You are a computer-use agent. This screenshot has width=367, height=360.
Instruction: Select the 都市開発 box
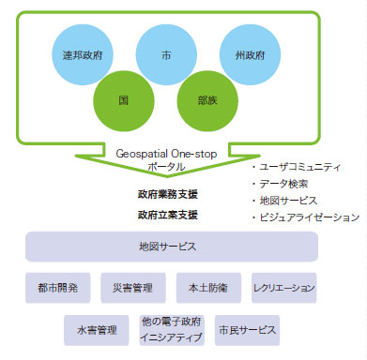[x=57, y=287]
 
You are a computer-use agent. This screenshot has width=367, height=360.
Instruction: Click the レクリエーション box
[x=283, y=287]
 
